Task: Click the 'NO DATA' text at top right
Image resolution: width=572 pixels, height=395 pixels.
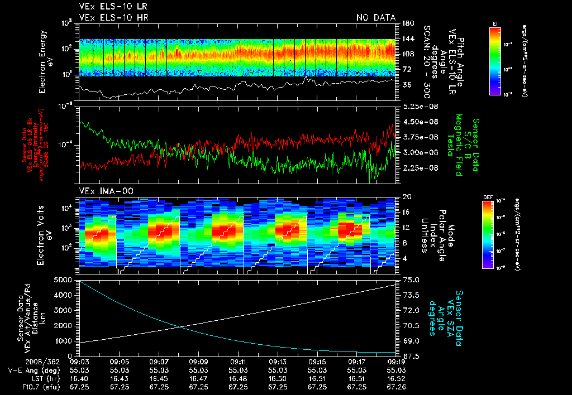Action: click(375, 17)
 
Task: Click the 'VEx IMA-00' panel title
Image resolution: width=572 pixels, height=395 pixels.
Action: click(106, 191)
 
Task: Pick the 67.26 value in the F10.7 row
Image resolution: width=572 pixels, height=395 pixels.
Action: click(396, 387)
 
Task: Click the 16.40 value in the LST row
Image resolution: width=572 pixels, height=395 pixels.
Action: click(79, 378)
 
